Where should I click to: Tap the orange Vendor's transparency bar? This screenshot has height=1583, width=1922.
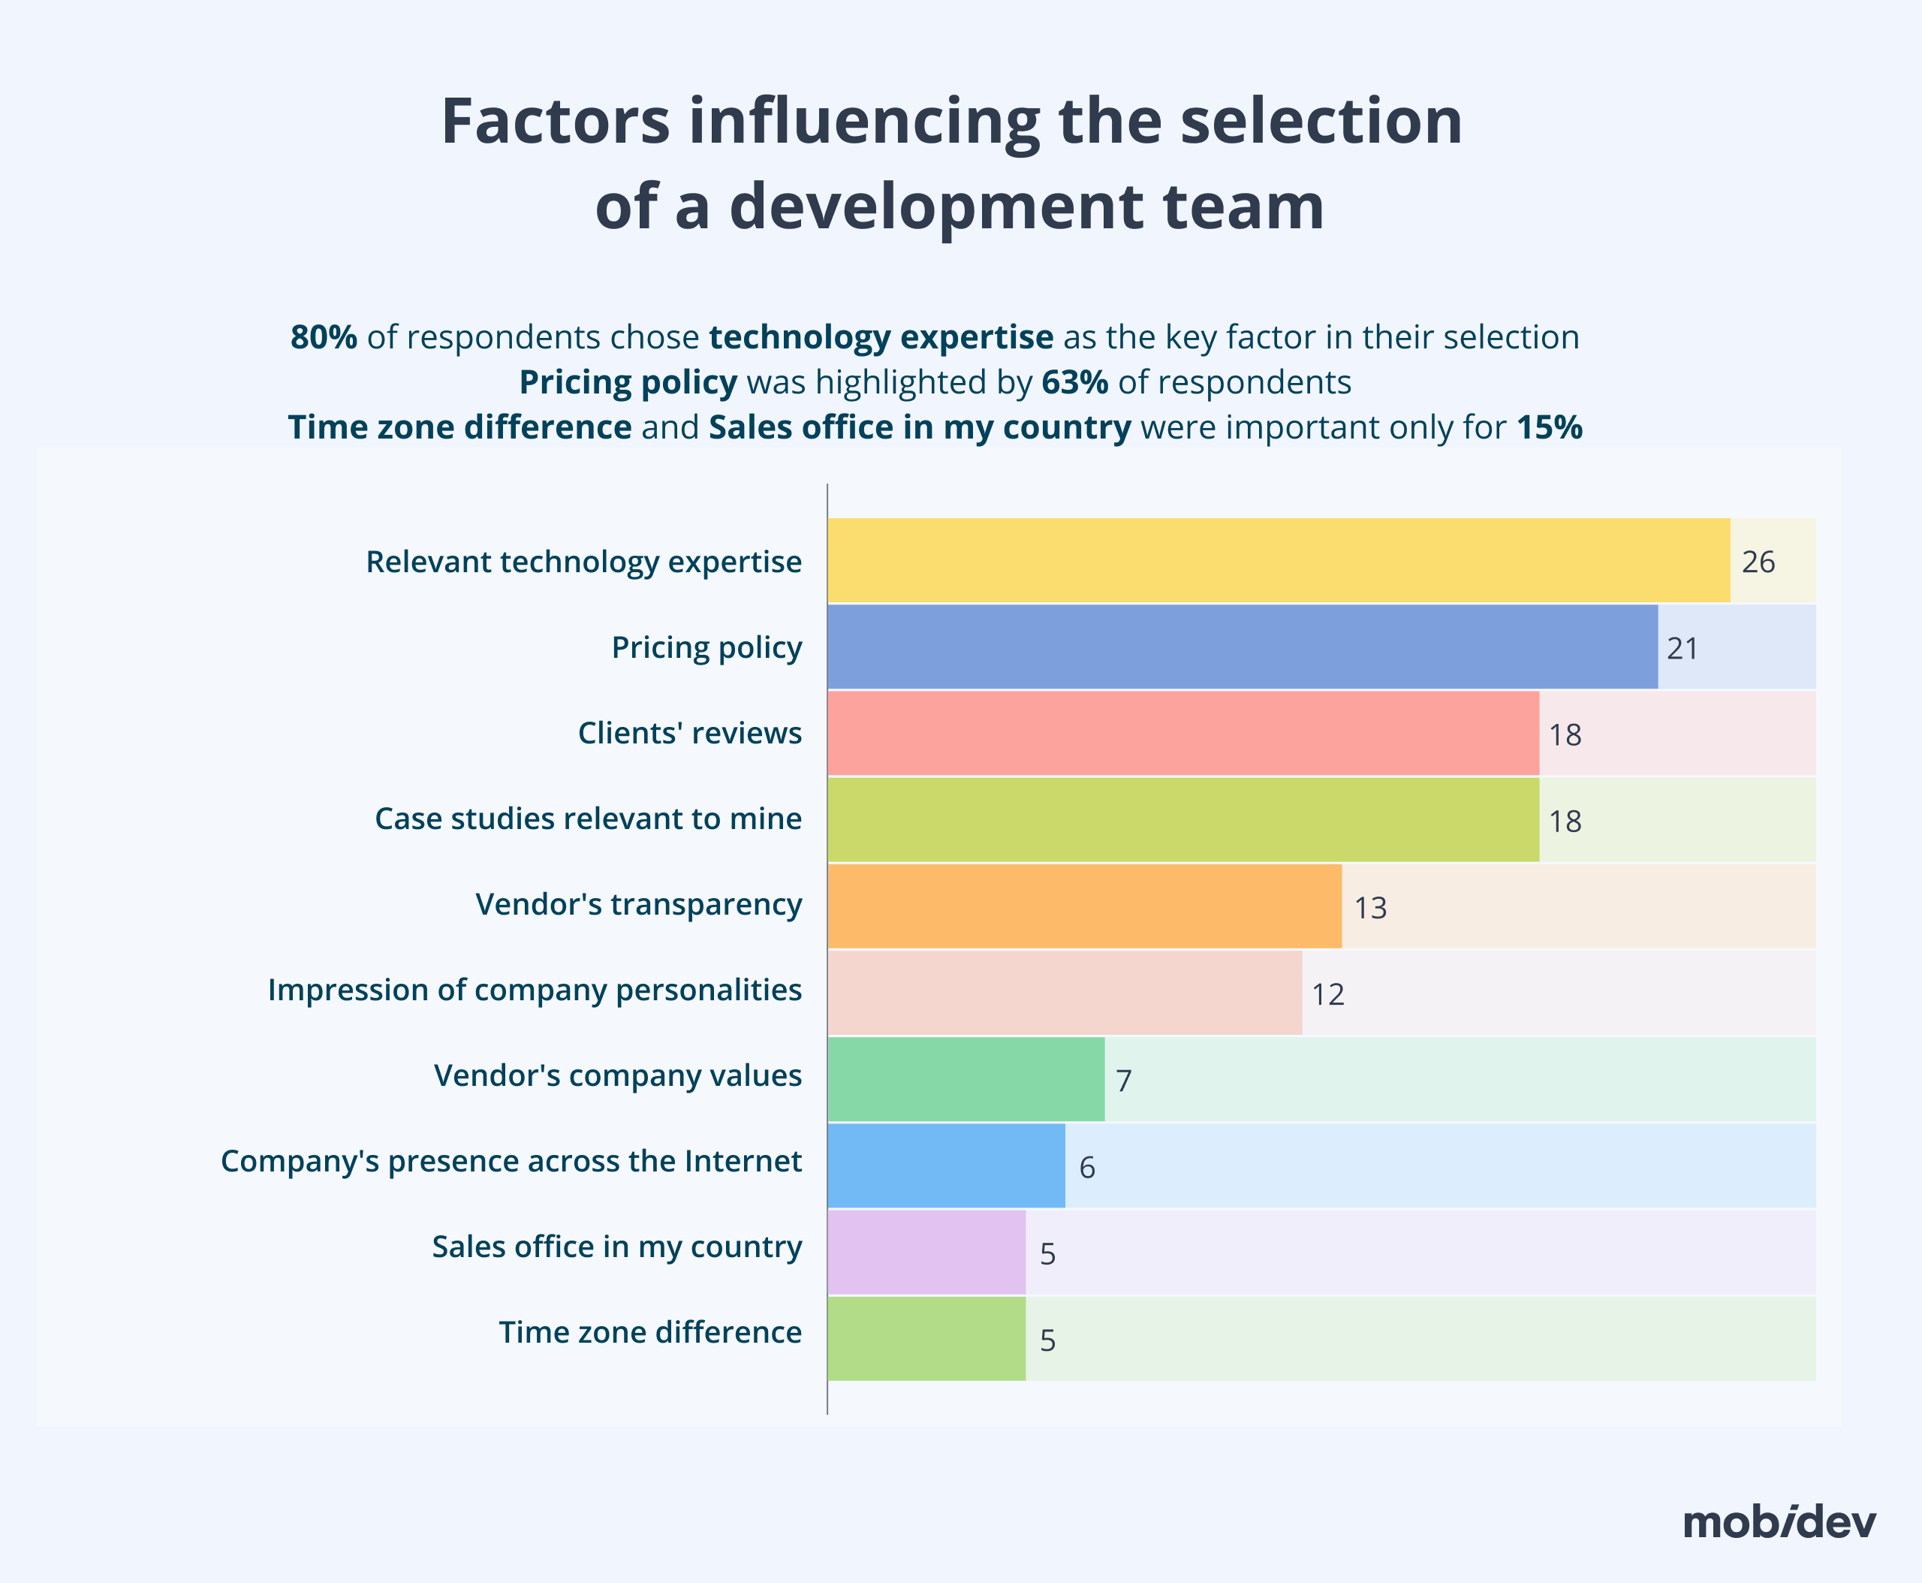[1084, 906]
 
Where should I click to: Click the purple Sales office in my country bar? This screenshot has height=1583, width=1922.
[926, 1252]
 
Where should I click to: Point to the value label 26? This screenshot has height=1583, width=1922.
[1758, 562]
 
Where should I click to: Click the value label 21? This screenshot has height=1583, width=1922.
[1683, 648]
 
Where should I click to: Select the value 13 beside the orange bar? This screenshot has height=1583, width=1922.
[1369, 908]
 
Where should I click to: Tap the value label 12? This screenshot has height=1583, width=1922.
[1327, 995]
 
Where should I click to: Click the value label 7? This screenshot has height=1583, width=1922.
[1123, 1081]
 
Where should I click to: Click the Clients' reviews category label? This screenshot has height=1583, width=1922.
[689, 733]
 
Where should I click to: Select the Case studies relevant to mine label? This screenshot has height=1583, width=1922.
[588, 819]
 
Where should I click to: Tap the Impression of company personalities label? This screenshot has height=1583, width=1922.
[535, 991]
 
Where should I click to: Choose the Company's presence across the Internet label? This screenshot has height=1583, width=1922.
[511, 1162]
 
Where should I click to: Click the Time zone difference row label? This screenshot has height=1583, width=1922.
[649, 1332]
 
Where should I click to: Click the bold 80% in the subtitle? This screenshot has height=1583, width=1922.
[324, 337]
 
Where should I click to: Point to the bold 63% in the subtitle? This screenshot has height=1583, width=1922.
[1074, 382]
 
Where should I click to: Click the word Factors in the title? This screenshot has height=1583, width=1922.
[556, 122]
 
